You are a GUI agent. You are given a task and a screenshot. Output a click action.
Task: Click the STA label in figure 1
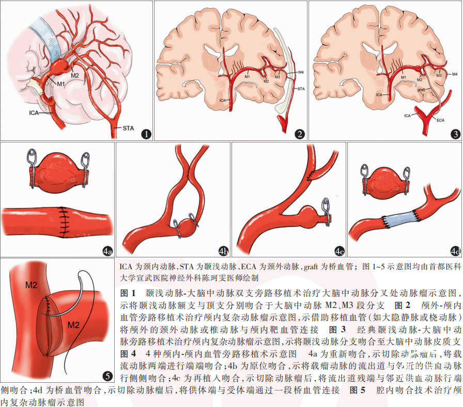(x=130, y=127)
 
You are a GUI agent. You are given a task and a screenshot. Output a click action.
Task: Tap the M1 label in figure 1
(x=61, y=84)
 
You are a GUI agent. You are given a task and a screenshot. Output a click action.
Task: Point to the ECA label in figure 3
(x=440, y=120)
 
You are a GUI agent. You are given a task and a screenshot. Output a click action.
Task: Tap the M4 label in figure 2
(x=301, y=73)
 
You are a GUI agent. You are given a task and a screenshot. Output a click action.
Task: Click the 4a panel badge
(x=106, y=251)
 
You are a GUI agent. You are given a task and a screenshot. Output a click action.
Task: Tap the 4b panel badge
(x=223, y=251)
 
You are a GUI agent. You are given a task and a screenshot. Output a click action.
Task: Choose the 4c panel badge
(x=338, y=251)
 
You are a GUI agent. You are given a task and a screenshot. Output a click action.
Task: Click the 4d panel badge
(x=455, y=251)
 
